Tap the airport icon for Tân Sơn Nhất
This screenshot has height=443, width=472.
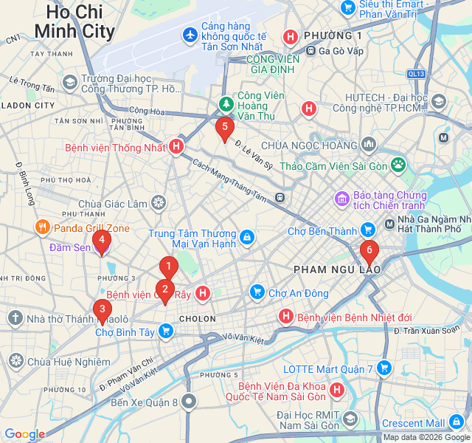click(190, 34)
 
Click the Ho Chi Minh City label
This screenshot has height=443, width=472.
click(74, 21)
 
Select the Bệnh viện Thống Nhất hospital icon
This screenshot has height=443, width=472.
click(176, 147)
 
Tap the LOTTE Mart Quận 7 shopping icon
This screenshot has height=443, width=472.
click(384, 368)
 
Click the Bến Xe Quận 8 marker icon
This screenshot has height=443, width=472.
click(190, 402)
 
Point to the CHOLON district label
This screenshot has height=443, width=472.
click(198, 319)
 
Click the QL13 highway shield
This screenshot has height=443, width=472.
click(416, 74)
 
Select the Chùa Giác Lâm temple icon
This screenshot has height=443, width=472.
click(159, 203)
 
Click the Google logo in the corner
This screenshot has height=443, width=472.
click(24, 434)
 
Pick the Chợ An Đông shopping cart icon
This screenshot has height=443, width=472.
click(257, 292)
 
